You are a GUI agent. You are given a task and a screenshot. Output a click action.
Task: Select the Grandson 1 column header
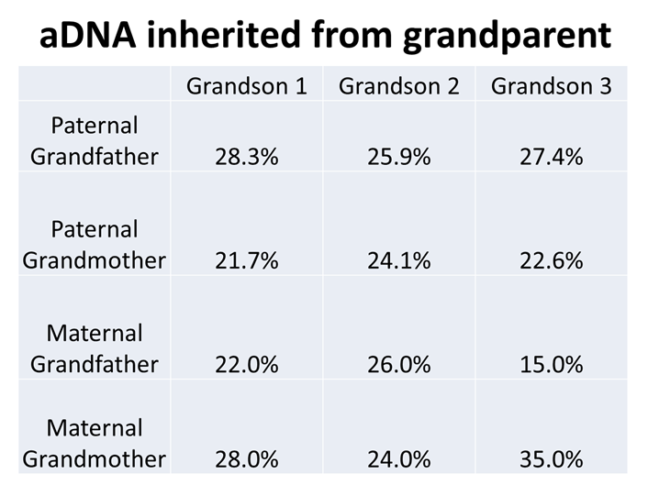[246, 86]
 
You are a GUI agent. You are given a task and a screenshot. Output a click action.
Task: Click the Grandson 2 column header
[398, 86]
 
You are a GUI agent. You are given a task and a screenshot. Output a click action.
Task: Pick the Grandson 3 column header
[551, 86]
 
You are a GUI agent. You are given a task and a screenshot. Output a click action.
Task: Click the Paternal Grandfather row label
[95, 140]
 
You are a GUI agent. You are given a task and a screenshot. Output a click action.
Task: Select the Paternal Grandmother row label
[95, 244]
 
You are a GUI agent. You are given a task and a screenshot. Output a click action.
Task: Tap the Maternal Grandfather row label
[95, 348]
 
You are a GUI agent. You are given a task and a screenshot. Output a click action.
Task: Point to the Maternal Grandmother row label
[95, 443]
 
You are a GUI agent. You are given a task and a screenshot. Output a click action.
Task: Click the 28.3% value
[246, 157]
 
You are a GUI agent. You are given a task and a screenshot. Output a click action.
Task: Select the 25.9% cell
[398, 157]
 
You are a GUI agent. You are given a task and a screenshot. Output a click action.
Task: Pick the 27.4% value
[551, 157]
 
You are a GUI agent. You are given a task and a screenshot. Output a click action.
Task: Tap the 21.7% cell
[246, 261]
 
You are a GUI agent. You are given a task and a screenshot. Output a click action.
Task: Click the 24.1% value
[398, 261]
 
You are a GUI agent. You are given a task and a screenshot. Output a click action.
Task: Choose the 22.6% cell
[551, 261]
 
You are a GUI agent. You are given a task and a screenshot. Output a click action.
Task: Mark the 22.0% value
[246, 365]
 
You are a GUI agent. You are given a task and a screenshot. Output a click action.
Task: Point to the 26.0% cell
[398, 365]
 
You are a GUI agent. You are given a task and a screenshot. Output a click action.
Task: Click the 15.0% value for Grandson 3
[551, 365]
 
